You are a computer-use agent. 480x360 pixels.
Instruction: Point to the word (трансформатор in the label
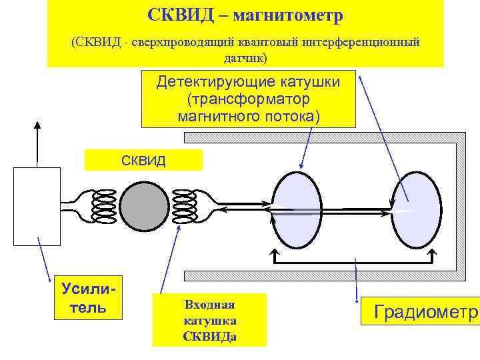tap(249, 99)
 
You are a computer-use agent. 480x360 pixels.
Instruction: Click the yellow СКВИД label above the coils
tap(143, 160)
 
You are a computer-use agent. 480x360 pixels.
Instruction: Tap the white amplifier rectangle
tap(37, 206)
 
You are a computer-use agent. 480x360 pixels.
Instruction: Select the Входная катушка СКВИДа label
tap(209, 320)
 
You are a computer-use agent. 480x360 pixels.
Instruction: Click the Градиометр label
tap(420, 312)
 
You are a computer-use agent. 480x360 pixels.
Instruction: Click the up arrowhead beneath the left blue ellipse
tap(273, 254)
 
